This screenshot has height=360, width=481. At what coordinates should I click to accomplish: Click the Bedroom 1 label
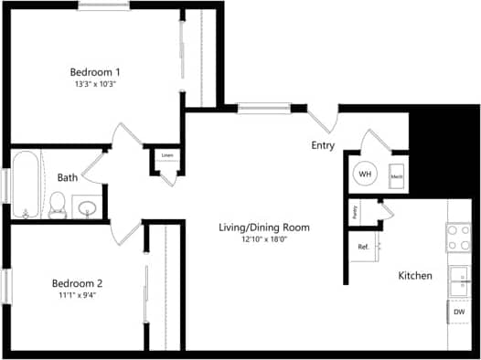[96, 71]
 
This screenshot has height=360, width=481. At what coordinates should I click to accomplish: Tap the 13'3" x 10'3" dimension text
[96, 84]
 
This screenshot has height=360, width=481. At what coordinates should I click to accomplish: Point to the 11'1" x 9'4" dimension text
[77, 295]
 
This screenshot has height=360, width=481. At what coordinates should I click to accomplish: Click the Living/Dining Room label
[263, 228]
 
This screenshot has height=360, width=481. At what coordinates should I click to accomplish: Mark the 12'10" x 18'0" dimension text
[263, 240]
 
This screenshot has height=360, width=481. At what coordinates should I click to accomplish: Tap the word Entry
[323, 146]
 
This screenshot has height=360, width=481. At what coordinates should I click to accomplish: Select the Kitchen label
[415, 276]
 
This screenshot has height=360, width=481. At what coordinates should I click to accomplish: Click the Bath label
[67, 177]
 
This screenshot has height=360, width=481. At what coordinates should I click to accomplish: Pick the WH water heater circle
[365, 174]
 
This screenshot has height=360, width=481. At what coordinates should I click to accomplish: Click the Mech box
[397, 175]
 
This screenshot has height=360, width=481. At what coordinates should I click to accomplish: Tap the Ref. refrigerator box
[363, 247]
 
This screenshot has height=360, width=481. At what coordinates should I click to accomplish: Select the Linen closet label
[166, 156]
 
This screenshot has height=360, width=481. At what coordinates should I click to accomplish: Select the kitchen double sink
[459, 281]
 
